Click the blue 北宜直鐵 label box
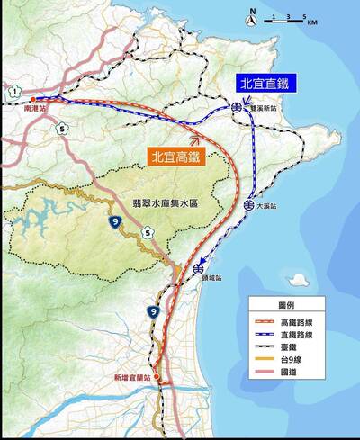click(x=265, y=83)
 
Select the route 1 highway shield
click(x=15, y=91)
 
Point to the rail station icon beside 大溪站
click(x=248, y=205)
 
